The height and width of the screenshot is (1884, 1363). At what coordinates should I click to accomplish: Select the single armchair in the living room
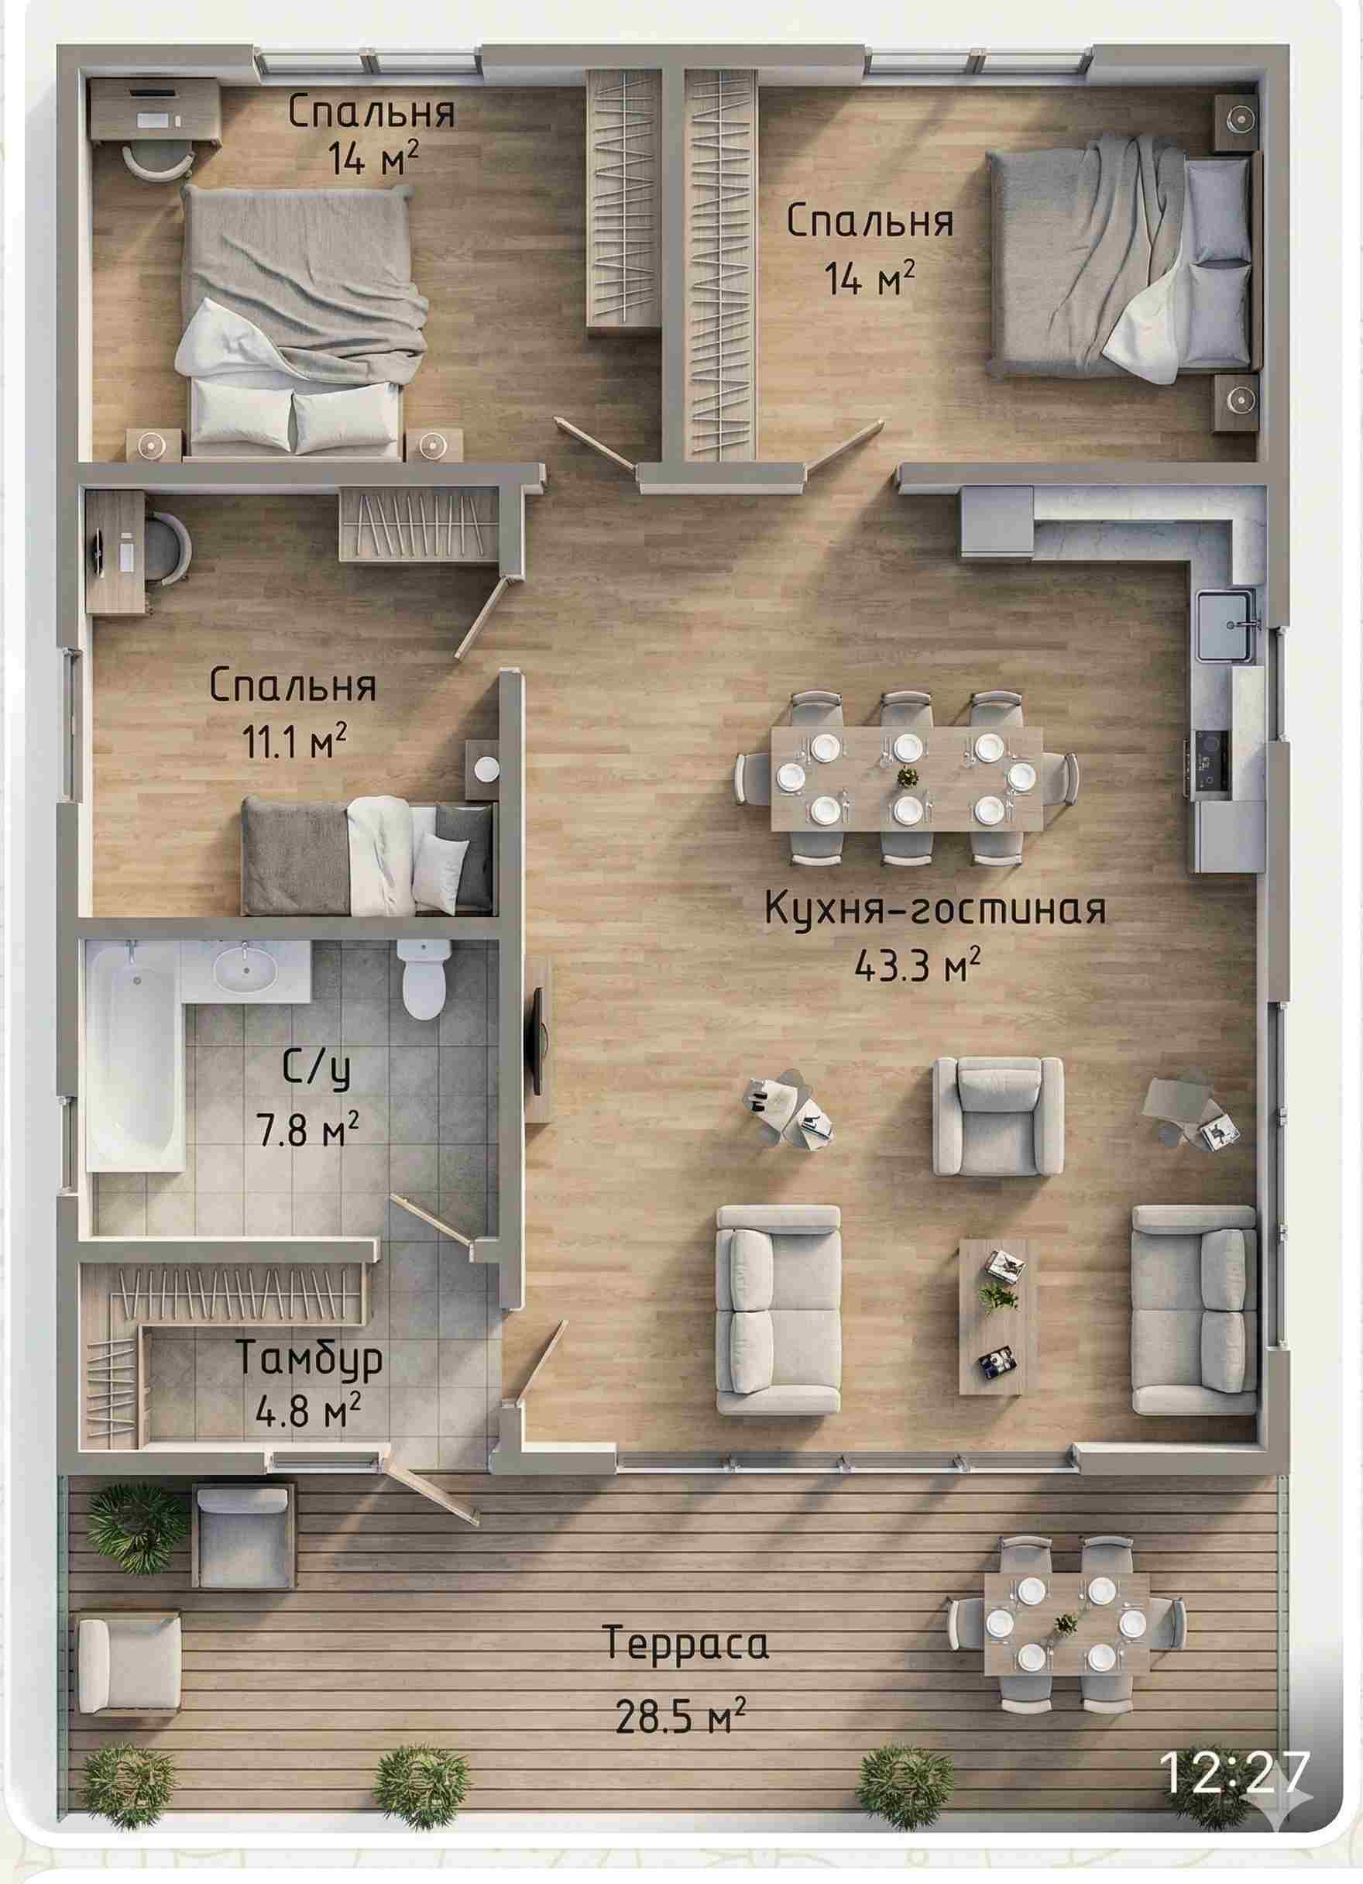point(997,1116)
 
